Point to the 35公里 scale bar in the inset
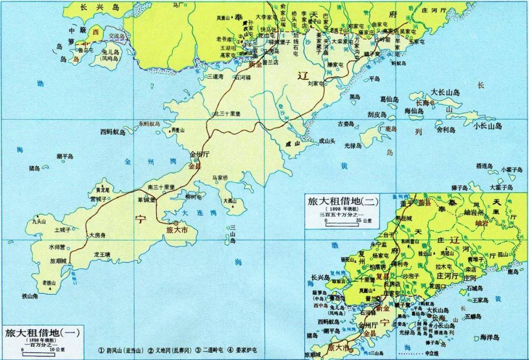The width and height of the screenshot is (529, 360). click(343, 221)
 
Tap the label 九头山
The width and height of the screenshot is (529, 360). click(40, 221)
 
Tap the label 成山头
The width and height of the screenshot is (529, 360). click(327, 141)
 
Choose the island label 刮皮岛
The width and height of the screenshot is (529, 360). click(377, 114)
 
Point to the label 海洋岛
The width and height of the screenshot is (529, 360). click(489, 337)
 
